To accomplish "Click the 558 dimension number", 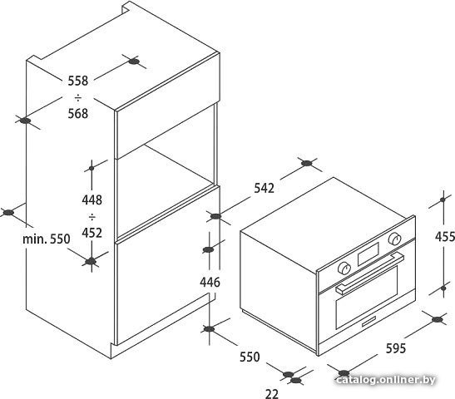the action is point(77,81).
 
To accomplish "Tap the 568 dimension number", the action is point(77,113).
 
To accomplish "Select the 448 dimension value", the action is point(92,199).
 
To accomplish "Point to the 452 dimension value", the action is point(92,233).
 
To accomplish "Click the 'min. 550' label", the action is point(47,239).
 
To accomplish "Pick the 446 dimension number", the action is point(210,282).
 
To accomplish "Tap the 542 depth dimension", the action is point(264,188).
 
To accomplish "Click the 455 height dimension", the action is point(445,237).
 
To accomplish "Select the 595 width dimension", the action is point(396,348).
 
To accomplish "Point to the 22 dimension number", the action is point(272,394).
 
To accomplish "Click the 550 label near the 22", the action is point(250,357).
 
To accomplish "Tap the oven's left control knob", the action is point(344,268).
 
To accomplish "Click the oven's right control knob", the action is point(394,239).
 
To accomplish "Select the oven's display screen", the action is point(368,254).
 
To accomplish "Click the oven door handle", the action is point(370,273).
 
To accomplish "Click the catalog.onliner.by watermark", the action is point(386,380).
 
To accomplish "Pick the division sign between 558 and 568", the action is point(77,97).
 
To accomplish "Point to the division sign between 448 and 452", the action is point(92,216).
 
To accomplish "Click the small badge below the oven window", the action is point(368,322).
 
